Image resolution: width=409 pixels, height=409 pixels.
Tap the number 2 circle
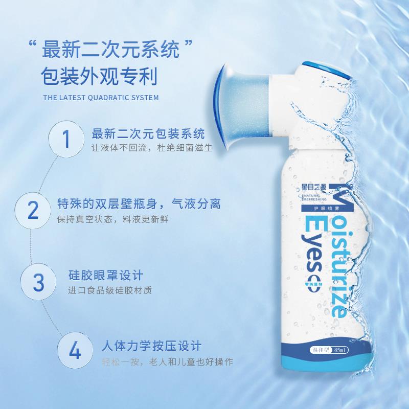(33, 210)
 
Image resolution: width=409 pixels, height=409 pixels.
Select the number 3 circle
(39, 282)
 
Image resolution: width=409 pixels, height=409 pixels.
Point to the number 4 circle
(75, 351)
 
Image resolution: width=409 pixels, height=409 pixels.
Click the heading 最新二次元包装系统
(148, 134)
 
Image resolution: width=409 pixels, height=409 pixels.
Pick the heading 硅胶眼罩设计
(105, 276)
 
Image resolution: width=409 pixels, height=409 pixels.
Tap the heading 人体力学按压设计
(151, 347)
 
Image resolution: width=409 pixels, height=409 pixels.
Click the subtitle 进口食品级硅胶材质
(110, 290)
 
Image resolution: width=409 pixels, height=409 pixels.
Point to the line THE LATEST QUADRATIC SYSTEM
(101, 98)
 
